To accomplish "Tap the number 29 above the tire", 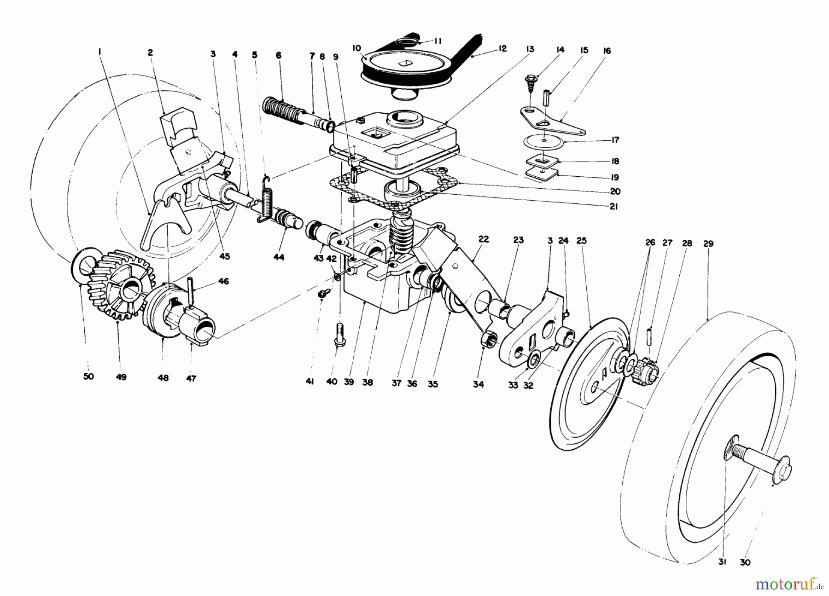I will [708, 243].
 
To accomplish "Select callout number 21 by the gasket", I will [613, 207].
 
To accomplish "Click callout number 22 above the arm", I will [483, 239].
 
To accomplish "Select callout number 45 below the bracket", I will [225, 256].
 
